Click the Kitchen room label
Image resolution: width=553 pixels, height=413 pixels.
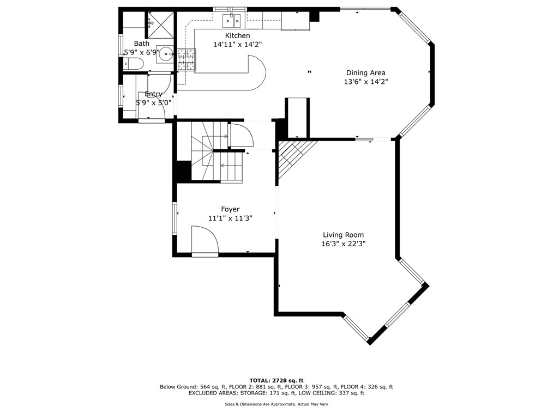[x=237, y=35]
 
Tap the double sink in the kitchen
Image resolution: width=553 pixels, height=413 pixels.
[x=232, y=21]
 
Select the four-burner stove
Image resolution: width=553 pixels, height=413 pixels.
[x=186, y=60]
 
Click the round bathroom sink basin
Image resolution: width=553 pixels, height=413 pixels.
[x=165, y=53]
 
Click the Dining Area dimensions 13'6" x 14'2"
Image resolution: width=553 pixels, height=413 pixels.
[x=365, y=82]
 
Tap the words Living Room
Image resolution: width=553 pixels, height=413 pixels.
[x=343, y=235]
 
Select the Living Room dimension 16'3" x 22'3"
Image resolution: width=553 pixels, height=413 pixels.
[x=343, y=244]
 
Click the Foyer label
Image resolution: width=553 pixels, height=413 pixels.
[x=230, y=209]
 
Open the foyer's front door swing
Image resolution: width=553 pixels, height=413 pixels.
[x=205, y=241]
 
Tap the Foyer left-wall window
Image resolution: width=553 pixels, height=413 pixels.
[x=175, y=218]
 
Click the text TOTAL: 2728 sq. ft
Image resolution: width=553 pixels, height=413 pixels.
[x=276, y=380]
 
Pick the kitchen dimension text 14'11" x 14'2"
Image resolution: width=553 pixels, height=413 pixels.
[x=237, y=45]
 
